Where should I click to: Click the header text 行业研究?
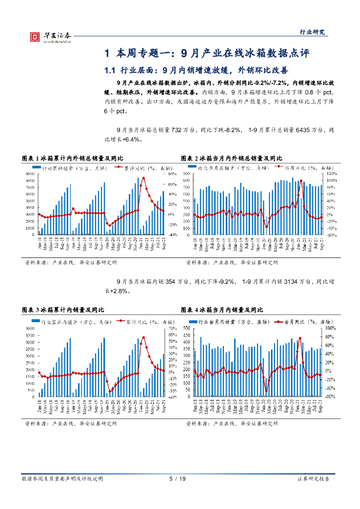(314, 32)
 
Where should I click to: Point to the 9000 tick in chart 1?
(31, 174)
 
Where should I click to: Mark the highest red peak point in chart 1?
(143, 177)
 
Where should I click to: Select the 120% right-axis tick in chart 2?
(332, 174)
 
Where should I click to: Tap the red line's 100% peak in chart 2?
(301, 181)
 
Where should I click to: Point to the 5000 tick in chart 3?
(31, 329)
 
